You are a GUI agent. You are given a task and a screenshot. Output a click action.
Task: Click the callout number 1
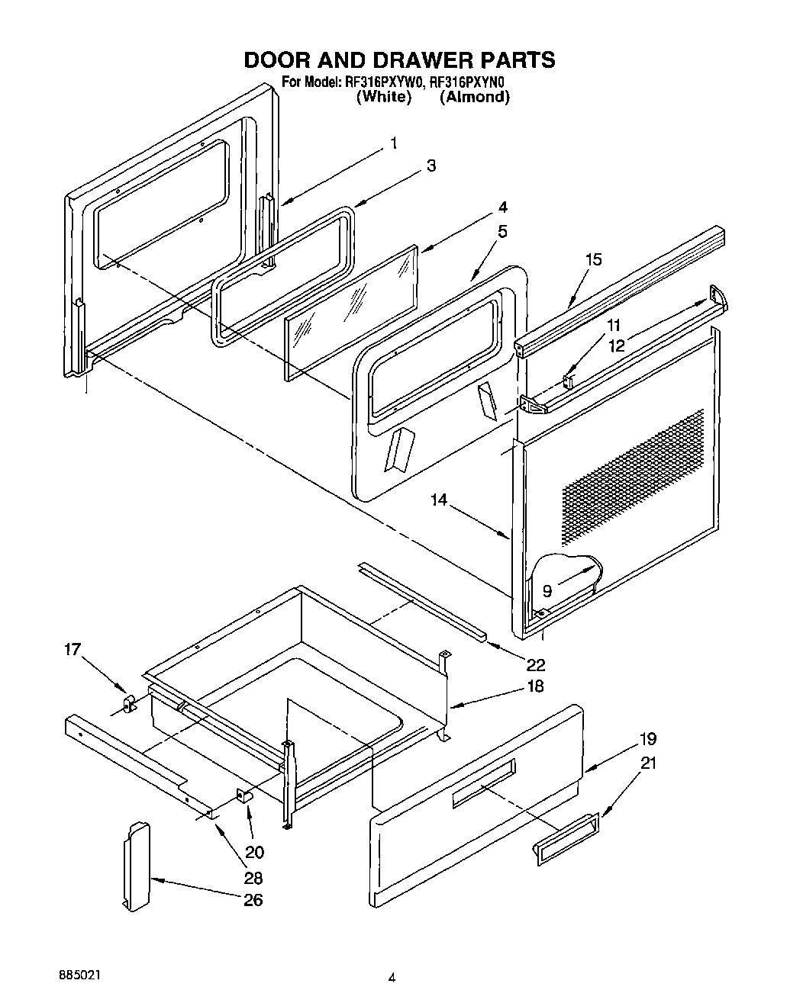tap(393, 143)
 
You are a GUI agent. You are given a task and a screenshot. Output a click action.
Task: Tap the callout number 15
tap(593, 259)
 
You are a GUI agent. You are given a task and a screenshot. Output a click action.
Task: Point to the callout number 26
tap(253, 900)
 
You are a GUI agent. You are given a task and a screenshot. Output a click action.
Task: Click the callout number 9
tap(547, 590)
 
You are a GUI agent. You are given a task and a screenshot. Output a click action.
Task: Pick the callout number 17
tap(72, 651)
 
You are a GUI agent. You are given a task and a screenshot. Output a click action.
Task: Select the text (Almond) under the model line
tap(474, 97)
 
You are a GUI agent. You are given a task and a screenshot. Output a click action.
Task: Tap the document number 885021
tap(79, 975)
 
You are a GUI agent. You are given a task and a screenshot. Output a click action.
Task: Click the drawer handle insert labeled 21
tap(566, 840)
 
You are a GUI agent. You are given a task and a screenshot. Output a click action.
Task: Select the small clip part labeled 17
tap(128, 702)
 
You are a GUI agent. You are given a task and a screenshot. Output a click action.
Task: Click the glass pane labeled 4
tap(351, 313)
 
